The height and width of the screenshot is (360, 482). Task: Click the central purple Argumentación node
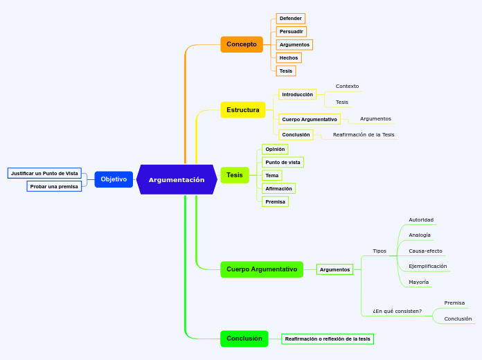177,180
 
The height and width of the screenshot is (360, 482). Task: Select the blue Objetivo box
114,179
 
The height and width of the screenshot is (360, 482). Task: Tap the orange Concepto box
242,44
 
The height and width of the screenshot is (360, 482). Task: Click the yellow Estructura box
243,109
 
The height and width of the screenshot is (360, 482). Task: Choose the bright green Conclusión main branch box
244,339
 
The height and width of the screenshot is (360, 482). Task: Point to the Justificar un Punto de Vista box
44,173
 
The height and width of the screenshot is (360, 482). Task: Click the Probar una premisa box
54,186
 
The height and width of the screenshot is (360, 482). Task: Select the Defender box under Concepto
290,19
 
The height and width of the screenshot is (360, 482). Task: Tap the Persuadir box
291,32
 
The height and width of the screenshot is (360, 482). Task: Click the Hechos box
289,58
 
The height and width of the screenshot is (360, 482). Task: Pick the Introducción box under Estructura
297,94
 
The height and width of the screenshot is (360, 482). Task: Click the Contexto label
347,87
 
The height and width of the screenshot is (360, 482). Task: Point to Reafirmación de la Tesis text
364,135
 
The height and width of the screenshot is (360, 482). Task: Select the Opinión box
275,149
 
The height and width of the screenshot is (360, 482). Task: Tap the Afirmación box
278,188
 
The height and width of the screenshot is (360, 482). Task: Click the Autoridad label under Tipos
421,220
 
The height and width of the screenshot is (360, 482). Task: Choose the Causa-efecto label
425,251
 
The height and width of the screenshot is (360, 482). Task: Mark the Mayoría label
419,282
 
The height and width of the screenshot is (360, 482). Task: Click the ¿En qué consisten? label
397,311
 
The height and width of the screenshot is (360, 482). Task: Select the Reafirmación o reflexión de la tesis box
328,339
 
